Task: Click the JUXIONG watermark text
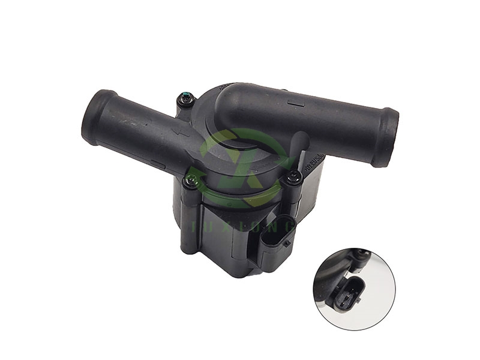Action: pos(241,225)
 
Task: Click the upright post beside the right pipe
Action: pos(303,144)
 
